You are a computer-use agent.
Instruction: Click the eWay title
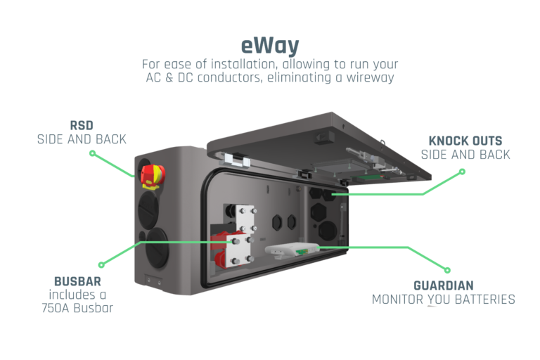(x=270, y=46)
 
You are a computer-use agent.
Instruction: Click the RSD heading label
(x=82, y=126)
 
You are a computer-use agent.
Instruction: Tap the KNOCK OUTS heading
(x=465, y=141)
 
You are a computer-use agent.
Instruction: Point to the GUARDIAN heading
(x=443, y=285)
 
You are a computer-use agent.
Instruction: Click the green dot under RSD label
(x=93, y=153)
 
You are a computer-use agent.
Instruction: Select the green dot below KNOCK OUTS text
(x=462, y=171)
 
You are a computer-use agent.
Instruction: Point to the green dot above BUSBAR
(x=101, y=265)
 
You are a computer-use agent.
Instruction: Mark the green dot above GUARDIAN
(x=446, y=269)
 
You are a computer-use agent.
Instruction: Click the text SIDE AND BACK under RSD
(x=82, y=139)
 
